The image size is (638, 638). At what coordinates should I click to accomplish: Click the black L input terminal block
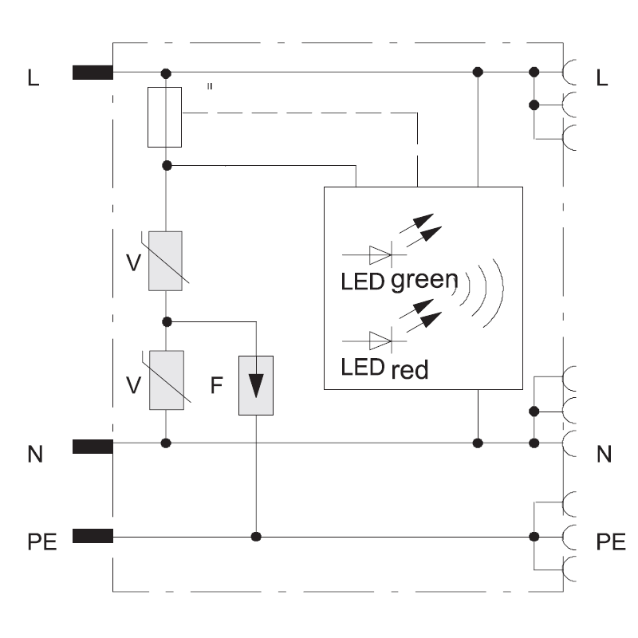click(92, 73)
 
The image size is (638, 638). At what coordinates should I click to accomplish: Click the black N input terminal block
click(92, 447)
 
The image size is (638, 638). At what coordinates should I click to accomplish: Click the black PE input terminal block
click(92, 536)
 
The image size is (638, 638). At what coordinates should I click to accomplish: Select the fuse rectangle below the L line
click(165, 117)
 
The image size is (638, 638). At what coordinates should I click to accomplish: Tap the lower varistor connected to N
click(166, 380)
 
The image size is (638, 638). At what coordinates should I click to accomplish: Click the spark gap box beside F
click(255, 385)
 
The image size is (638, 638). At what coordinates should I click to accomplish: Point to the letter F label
click(216, 386)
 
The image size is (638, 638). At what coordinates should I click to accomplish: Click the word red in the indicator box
click(410, 370)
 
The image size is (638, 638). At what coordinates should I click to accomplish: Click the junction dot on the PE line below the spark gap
click(256, 536)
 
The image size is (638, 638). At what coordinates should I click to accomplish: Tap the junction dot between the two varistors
click(166, 321)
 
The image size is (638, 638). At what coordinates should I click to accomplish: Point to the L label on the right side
click(602, 77)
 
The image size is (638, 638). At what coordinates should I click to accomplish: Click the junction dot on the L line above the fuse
click(166, 73)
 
